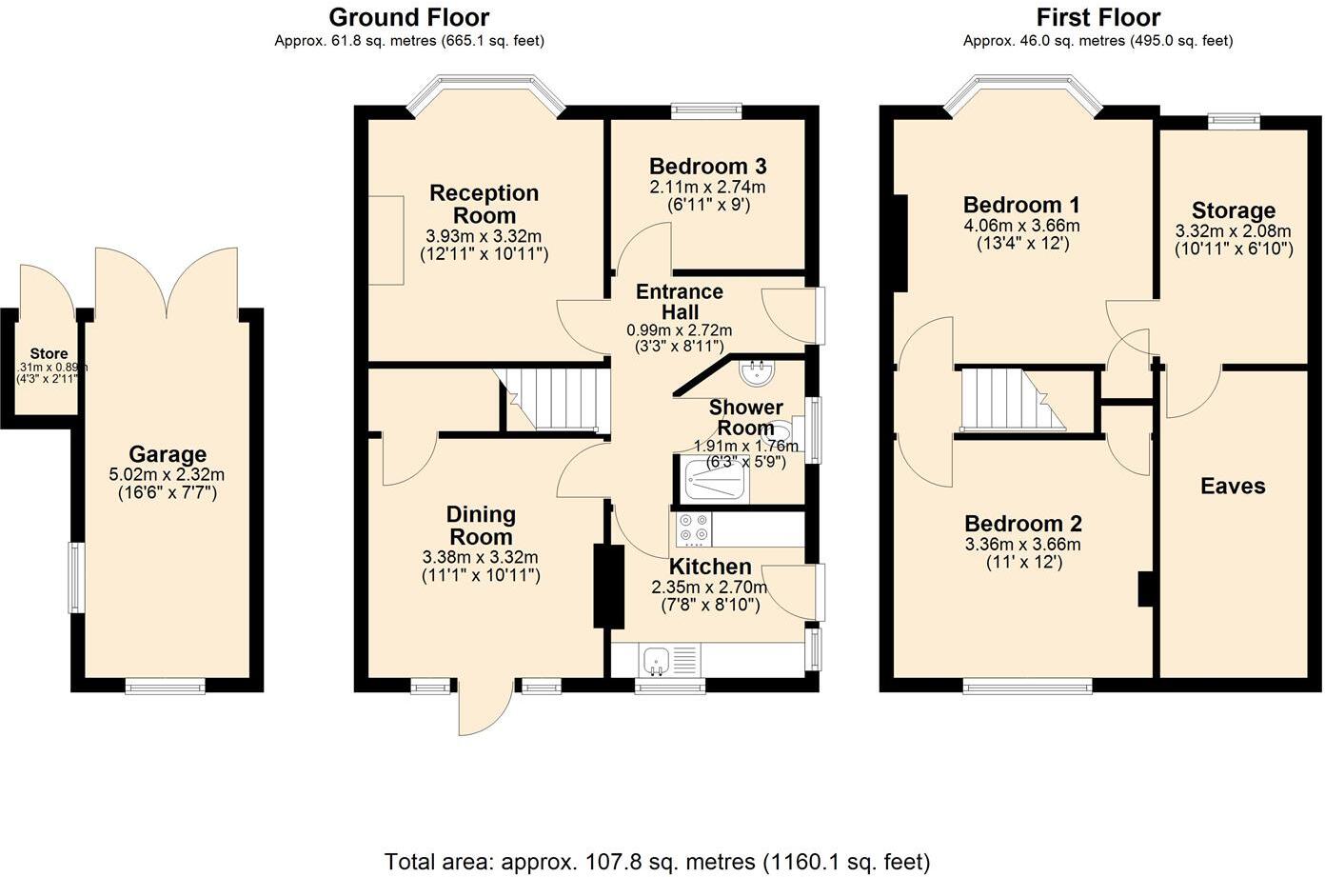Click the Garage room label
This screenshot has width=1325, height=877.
(x=168, y=455)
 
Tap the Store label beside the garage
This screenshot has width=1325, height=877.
(x=49, y=354)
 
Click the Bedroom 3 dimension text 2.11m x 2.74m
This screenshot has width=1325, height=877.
(x=707, y=187)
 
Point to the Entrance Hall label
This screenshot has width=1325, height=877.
(x=680, y=302)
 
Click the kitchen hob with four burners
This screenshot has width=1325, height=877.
(x=692, y=528)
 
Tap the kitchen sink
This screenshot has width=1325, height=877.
(x=655, y=659)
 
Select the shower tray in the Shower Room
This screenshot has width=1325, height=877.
(x=714, y=479)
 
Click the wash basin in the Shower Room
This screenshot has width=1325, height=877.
(x=759, y=373)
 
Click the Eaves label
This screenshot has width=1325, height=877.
(x=1233, y=487)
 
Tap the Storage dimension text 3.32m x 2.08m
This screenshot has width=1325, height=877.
(x=1233, y=231)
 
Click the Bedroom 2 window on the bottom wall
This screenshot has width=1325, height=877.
(x=1026, y=685)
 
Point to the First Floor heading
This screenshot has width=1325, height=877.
(x=1098, y=17)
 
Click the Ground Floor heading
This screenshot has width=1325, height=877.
(x=409, y=17)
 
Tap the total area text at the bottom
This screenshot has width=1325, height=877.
(x=657, y=862)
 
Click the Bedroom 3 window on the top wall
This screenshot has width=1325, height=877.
(x=706, y=110)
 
